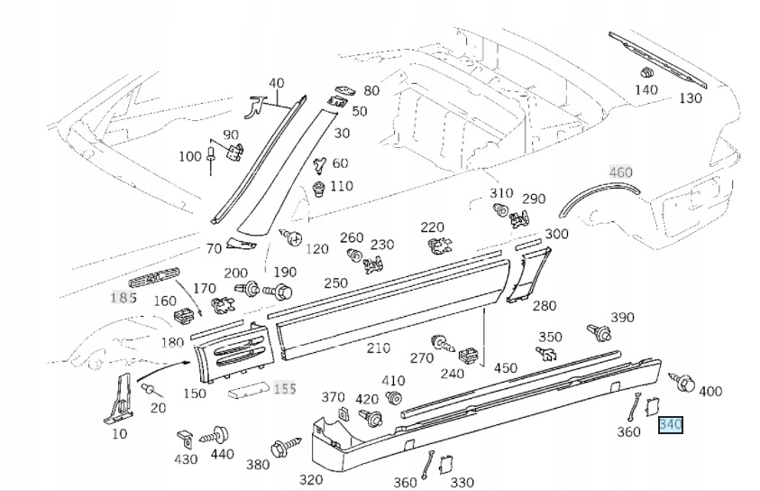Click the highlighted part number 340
tap(671, 424)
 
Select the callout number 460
tap(621, 172)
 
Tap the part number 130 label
tap(691, 97)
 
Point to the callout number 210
tap(378, 347)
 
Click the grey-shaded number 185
tap(124, 297)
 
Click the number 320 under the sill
tap(311, 479)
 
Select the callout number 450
tap(506, 367)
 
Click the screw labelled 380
tap(279, 447)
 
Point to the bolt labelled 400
tap(682, 383)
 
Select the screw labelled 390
tap(596, 332)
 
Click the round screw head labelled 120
tap(292, 237)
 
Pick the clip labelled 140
tap(646, 71)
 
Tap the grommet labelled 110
tap(318, 190)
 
